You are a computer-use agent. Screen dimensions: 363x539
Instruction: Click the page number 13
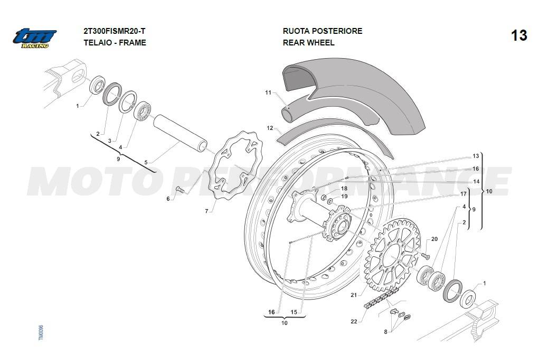tap(518, 35)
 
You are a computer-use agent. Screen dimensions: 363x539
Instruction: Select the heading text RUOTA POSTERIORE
tap(322, 31)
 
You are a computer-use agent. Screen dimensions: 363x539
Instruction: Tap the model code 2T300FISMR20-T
tap(115, 31)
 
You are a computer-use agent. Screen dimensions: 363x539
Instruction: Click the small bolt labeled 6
tap(179, 190)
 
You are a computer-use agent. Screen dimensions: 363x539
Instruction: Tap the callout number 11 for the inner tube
tap(268, 93)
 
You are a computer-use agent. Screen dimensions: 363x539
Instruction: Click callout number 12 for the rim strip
tap(270, 128)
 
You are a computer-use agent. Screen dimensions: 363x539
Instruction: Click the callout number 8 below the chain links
tap(386, 331)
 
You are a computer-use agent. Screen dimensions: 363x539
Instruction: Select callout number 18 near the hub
tap(344, 188)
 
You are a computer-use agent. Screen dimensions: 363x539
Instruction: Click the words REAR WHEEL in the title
tap(308, 43)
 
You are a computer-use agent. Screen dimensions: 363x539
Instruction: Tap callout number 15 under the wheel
tap(294, 312)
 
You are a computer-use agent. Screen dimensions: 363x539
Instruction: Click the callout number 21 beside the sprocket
tap(354, 295)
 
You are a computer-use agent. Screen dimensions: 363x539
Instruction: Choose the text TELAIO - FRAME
tap(115, 43)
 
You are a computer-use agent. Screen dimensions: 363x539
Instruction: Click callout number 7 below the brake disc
tap(207, 211)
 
